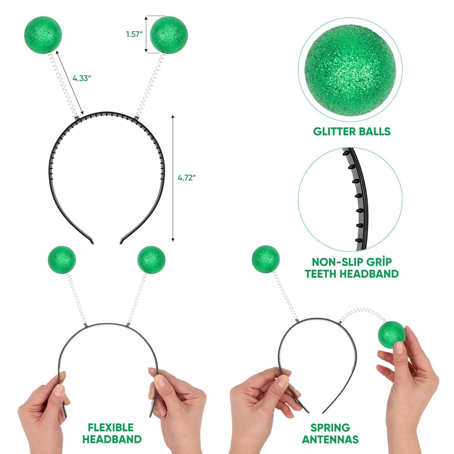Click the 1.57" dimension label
tap(134, 34)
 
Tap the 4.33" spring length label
tap(82, 78)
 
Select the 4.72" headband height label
tap(186, 178)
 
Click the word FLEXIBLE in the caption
tap(110, 427)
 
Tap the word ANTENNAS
tap(330, 439)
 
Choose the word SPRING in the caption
tap(330, 427)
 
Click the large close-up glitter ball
tap(350, 70)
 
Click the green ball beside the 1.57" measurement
tap(169, 35)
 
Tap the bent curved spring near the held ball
tap(363, 313)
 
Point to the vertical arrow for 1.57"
tap(146, 34)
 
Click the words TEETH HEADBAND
tap(351, 274)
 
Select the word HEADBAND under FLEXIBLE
tap(112, 439)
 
